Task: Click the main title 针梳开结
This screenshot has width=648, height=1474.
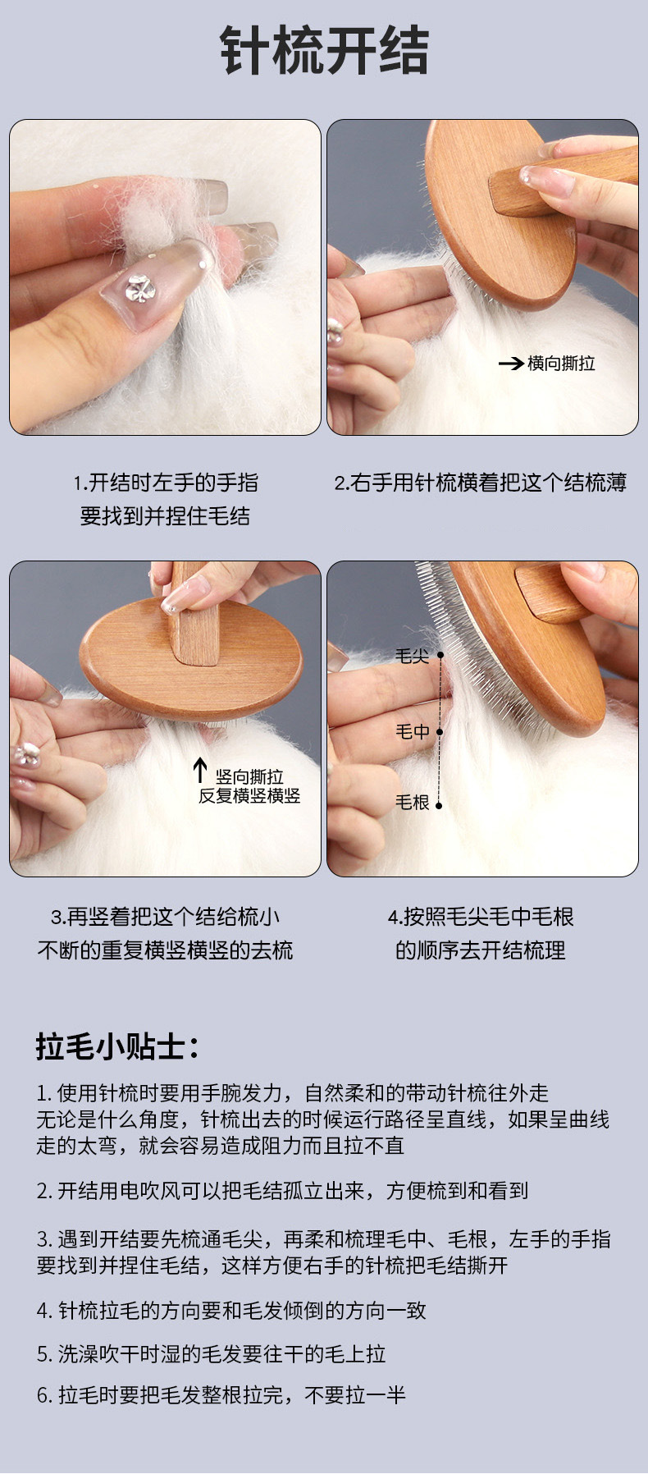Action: pyautogui.click(x=324, y=51)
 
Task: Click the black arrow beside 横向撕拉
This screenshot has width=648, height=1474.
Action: pyautogui.click(x=511, y=363)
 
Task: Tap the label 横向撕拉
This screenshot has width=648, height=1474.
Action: pyautogui.click(x=561, y=363)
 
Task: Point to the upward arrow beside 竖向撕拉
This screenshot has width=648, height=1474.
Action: pyautogui.click(x=199, y=771)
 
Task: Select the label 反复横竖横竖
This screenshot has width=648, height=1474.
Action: pyautogui.click(x=249, y=795)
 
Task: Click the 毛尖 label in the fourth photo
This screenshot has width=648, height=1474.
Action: pyautogui.click(x=412, y=656)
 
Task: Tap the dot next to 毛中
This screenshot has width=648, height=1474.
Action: pyautogui.click(x=439, y=731)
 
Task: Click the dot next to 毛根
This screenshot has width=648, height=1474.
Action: pyautogui.click(x=439, y=805)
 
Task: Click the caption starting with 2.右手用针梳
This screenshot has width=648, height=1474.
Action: pyautogui.click(x=481, y=483)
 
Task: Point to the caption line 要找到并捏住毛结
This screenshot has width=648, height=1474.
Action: pyautogui.click(x=165, y=516)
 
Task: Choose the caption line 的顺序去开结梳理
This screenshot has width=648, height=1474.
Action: pyautogui.click(x=481, y=950)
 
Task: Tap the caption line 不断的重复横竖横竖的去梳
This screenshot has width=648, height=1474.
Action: pyautogui.click(x=165, y=950)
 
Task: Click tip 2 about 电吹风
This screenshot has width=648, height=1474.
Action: pyautogui.click(x=282, y=1191)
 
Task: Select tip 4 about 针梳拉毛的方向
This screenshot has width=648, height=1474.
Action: pyautogui.click(x=231, y=1311)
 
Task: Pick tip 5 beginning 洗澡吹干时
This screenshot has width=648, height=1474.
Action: pyautogui.click(x=211, y=1354)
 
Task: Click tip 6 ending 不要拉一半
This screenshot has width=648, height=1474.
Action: pyautogui.click(x=221, y=1394)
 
